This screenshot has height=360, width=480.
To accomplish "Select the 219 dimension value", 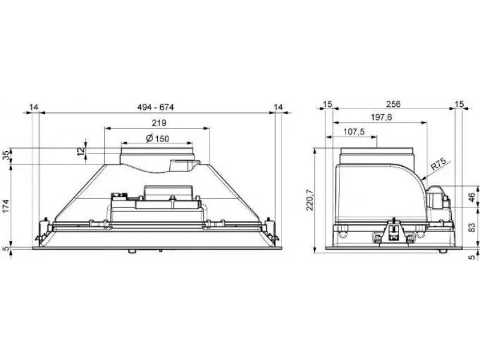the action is click(159, 123).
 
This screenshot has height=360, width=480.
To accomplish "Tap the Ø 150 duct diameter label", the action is click(157, 139).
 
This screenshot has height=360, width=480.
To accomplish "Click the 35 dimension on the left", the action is click(7, 156).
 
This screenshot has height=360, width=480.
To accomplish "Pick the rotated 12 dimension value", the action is click(81, 151).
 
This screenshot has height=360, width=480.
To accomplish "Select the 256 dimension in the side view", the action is click(394, 104).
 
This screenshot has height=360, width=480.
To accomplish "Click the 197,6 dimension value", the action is click(382, 117).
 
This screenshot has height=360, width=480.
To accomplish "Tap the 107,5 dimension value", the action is click(354, 131).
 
